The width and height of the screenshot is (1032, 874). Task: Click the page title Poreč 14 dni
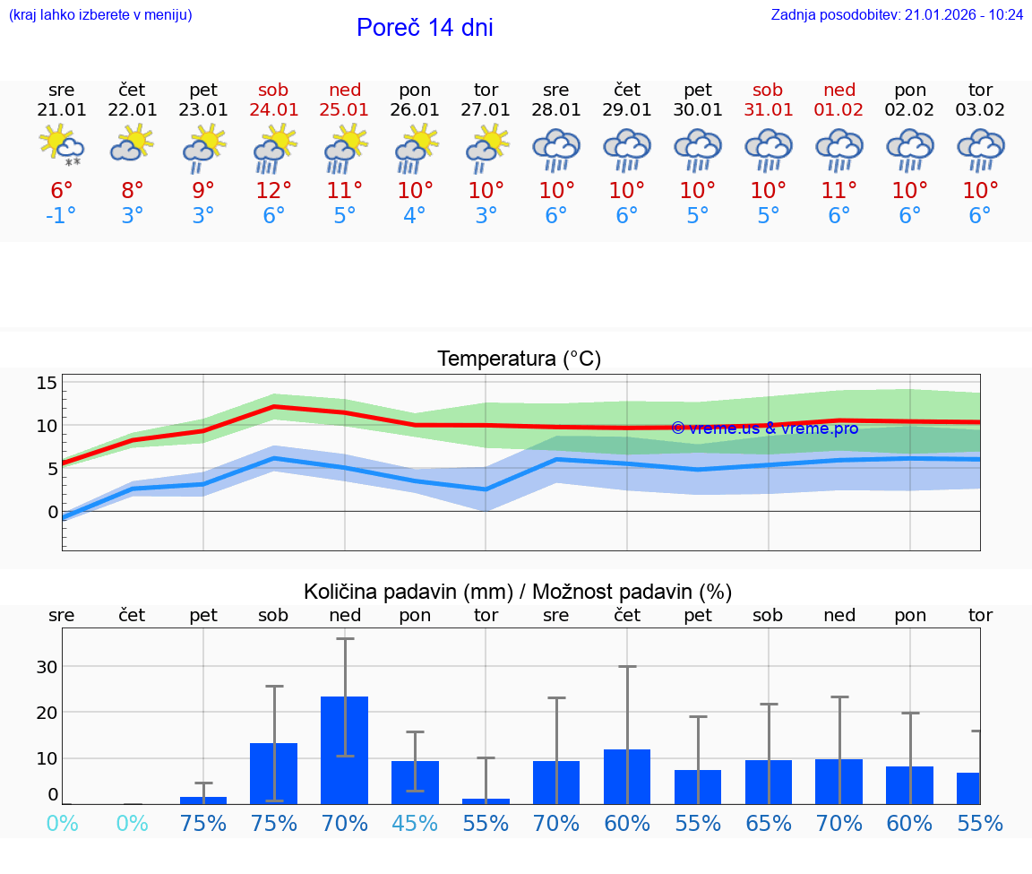coord(425,28)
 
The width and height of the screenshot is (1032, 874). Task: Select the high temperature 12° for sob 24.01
coord(273,191)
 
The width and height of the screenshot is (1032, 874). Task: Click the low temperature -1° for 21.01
coord(61,216)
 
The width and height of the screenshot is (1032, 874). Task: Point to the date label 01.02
coord(839,109)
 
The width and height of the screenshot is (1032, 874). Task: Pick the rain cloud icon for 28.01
coord(556,150)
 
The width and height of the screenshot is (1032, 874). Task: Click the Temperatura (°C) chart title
coord(519,359)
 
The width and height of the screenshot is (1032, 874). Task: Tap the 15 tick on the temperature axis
coord(47,384)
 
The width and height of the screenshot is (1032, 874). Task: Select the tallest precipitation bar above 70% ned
coord(345,749)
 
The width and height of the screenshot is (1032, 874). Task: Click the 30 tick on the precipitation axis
coord(47,667)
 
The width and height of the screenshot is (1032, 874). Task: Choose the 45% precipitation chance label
coord(415,823)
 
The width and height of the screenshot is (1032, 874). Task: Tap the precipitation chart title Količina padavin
coord(518,592)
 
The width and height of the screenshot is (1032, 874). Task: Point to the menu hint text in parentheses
coord(100,15)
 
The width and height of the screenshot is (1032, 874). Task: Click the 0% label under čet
coord(133,823)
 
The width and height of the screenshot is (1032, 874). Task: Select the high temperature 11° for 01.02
coord(839,191)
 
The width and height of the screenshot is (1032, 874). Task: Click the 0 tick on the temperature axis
coord(52,512)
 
